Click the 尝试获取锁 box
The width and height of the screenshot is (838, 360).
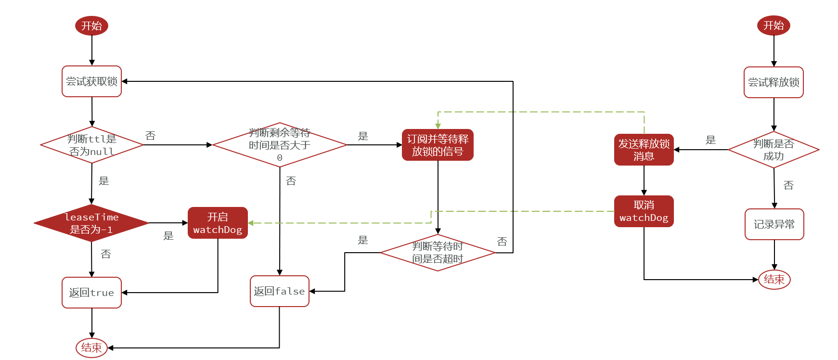pos(91,81)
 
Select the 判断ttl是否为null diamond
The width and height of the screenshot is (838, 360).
pos(91,145)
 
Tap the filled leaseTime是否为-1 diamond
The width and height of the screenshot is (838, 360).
pos(91,223)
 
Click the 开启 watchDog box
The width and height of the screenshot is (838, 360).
pos(218,223)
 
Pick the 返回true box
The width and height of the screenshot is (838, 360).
pos(91,293)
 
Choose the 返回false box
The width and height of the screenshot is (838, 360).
pos(279,291)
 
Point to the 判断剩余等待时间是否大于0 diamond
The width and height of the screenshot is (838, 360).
pos(279,145)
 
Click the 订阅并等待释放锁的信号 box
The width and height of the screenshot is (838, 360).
pos(438,145)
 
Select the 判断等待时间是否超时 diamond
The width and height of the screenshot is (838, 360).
pos(438,253)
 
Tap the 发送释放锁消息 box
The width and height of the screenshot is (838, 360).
pos(644,150)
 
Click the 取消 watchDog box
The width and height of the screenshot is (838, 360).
pos(644,211)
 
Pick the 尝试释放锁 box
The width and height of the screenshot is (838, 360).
pos(774,82)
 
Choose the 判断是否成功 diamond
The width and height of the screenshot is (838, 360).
pos(774,150)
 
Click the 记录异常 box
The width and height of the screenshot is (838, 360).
pos(774,224)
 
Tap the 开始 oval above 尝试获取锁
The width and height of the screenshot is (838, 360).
pos(91,26)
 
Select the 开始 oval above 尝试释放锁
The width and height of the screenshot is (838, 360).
pos(774,25)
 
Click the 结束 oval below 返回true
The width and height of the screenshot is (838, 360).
pos(91,347)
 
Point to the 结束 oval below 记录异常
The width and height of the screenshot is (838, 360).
pos(774,279)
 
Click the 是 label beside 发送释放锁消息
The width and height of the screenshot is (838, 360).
pos(710,140)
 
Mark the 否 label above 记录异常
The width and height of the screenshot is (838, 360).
pos(788,185)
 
